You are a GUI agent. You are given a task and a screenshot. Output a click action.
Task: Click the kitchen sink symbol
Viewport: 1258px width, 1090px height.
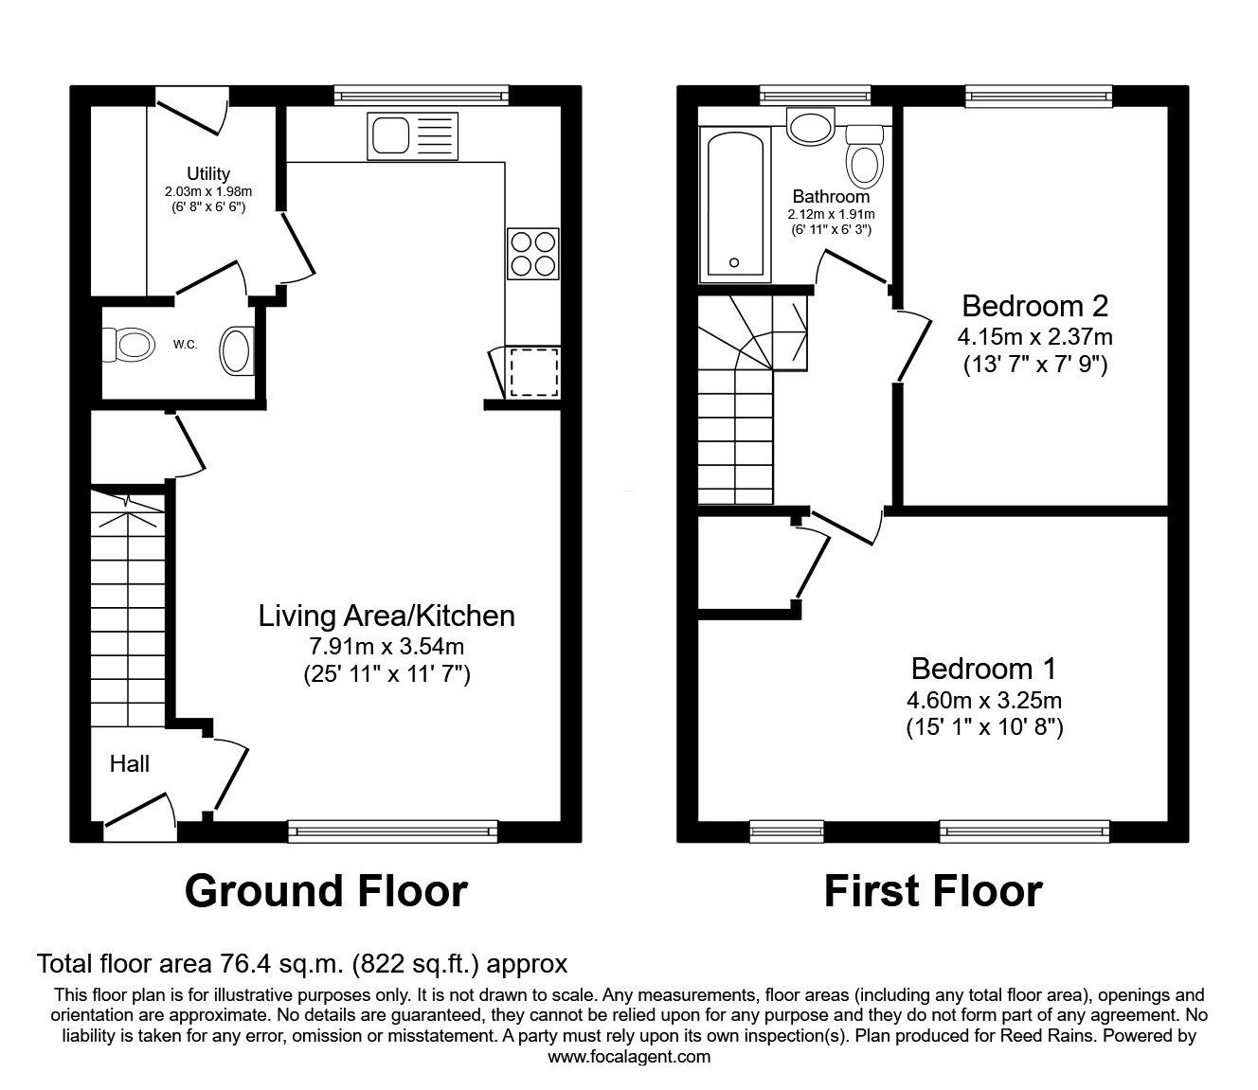click(413, 134)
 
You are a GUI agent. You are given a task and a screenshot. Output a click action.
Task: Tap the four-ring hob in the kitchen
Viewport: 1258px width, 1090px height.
click(531, 253)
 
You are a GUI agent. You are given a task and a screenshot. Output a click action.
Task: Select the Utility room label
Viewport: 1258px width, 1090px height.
click(207, 173)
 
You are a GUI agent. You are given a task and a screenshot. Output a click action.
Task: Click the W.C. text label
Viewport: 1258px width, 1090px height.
click(185, 345)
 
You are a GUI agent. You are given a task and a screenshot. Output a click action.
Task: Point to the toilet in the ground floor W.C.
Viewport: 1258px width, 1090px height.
click(130, 345)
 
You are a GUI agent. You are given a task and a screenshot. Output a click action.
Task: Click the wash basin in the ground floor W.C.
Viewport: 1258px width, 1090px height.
click(237, 350)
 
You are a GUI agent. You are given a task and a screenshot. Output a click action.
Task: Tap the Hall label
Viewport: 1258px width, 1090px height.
click(129, 763)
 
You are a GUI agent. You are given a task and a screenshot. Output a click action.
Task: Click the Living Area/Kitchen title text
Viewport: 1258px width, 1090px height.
click(386, 616)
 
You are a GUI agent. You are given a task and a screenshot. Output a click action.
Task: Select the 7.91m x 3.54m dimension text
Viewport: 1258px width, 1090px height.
click(386, 647)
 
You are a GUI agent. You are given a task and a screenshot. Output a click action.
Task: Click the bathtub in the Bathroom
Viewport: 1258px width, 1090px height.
click(734, 205)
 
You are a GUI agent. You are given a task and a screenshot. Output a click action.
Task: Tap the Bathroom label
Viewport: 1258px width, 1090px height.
click(831, 197)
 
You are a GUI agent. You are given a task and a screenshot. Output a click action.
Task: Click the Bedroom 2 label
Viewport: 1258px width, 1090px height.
click(1034, 306)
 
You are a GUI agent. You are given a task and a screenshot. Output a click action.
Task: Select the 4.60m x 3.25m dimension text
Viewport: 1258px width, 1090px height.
click(983, 701)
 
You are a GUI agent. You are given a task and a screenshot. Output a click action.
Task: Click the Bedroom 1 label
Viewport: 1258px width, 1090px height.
click(983, 669)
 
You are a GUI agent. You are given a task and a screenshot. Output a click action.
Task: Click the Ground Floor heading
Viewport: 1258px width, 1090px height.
click(326, 891)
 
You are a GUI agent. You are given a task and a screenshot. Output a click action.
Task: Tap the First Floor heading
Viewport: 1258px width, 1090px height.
click(932, 891)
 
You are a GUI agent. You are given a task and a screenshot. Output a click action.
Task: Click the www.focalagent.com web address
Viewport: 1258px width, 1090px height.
click(629, 1056)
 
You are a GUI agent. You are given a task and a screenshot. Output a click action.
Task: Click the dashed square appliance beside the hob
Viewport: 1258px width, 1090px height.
click(532, 372)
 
